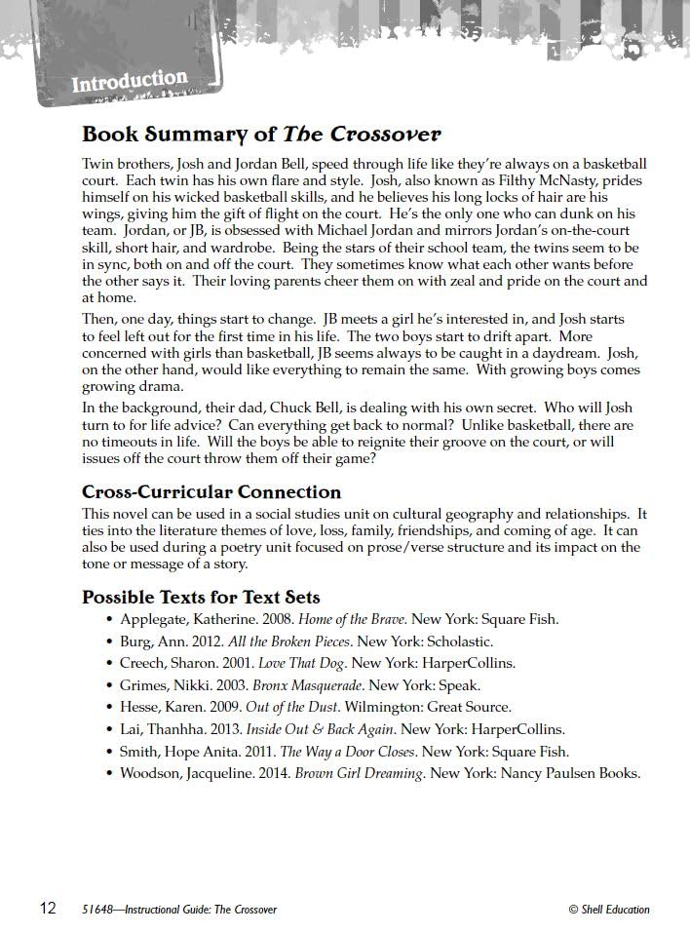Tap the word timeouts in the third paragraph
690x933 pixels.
click(x=134, y=443)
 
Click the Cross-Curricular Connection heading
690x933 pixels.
click(x=211, y=491)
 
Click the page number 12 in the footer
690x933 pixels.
click(x=48, y=909)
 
